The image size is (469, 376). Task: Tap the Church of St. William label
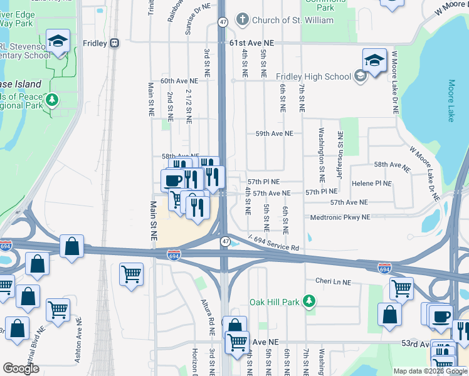point(284,20)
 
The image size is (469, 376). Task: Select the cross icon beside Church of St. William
point(243,20)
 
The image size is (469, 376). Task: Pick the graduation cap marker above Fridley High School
point(374,61)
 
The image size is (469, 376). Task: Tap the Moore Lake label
point(451,100)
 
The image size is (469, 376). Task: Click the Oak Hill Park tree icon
point(308,301)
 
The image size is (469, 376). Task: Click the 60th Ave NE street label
point(179,81)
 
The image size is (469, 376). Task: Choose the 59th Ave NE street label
point(274,133)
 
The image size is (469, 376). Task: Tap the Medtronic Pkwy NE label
point(340,217)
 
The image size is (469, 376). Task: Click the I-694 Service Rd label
point(273,243)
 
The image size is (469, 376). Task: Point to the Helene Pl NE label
point(372,184)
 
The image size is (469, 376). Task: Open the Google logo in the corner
point(21,368)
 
